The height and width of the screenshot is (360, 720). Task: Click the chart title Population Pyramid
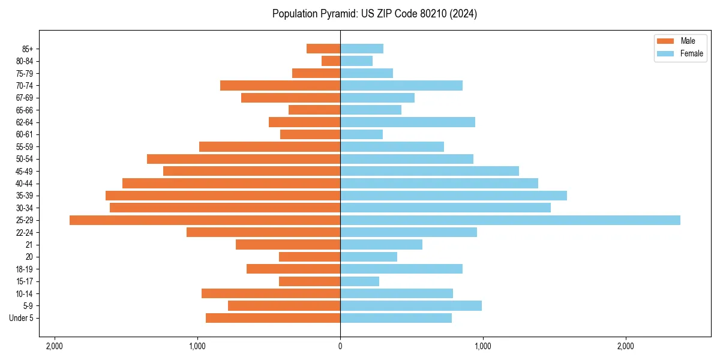pyautogui.click(x=374, y=14)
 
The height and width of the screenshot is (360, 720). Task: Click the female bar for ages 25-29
pyautogui.click(x=510, y=220)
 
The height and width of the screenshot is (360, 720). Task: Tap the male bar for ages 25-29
pyautogui.click(x=205, y=220)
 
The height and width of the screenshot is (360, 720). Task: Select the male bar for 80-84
pyautogui.click(x=331, y=61)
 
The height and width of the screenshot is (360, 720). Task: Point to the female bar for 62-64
pyautogui.click(x=407, y=122)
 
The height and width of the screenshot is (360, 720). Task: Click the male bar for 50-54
pyautogui.click(x=244, y=159)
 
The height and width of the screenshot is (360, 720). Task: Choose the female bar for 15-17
pyautogui.click(x=359, y=281)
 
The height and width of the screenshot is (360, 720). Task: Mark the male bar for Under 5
pyautogui.click(x=273, y=318)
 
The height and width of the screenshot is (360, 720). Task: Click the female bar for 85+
pyautogui.click(x=362, y=49)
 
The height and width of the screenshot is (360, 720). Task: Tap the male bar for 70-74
pyautogui.click(x=280, y=85)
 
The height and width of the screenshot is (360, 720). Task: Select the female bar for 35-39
pyautogui.click(x=454, y=196)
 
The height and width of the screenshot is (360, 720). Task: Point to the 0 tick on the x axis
pyautogui.click(x=340, y=346)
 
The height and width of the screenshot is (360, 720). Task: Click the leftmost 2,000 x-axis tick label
pyautogui.click(x=55, y=346)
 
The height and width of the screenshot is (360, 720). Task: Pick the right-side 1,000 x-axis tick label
pyautogui.click(x=483, y=346)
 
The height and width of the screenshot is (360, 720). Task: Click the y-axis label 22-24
pyautogui.click(x=25, y=232)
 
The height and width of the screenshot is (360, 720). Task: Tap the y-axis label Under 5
pyautogui.click(x=21, y=318)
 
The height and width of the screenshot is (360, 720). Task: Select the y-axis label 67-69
pyautogui.click(x=25, y=98)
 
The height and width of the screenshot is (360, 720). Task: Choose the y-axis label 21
pyautogui.click(x=29, y=245)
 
